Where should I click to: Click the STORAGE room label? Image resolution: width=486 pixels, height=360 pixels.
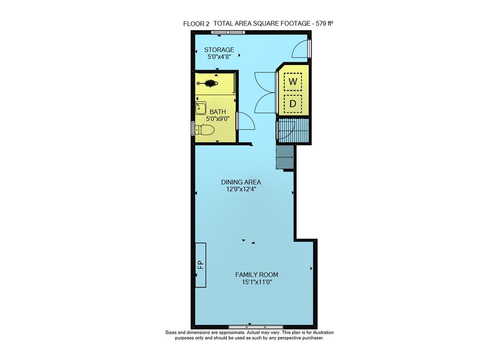[219, 50]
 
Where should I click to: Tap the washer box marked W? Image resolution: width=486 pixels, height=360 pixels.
[293, 82]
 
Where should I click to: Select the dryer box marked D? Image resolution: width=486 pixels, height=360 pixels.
[293, 104]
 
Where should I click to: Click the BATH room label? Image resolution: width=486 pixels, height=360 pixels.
[218, 112]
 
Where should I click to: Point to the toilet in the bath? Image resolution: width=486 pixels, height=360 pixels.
[205, 130]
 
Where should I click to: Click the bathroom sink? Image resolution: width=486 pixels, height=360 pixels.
[201, 108]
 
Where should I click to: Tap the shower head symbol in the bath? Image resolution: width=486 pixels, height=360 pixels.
[208, 83]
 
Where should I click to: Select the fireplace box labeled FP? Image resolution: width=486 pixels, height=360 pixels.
[201, 265]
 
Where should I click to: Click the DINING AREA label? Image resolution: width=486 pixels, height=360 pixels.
[241, 182]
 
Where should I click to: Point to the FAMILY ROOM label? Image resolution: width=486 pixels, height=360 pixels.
[257, 274]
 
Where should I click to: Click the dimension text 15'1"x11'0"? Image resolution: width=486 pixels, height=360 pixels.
[257, 282]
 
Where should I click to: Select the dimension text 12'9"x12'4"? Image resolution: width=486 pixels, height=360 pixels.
[241, 189]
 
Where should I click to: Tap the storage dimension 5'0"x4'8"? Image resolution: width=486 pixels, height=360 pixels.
[219, 57]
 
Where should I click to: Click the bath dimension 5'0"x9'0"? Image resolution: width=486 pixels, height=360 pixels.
[218, 119]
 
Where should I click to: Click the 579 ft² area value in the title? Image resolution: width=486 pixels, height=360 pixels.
[325, 23]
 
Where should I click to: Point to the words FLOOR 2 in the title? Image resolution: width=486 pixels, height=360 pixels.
[196, 24]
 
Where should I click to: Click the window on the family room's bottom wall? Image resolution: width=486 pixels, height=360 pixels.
[256, 327]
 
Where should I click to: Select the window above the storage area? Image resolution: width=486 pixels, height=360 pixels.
[228, 32]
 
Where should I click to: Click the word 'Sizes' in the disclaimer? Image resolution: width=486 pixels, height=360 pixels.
[171, 332]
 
